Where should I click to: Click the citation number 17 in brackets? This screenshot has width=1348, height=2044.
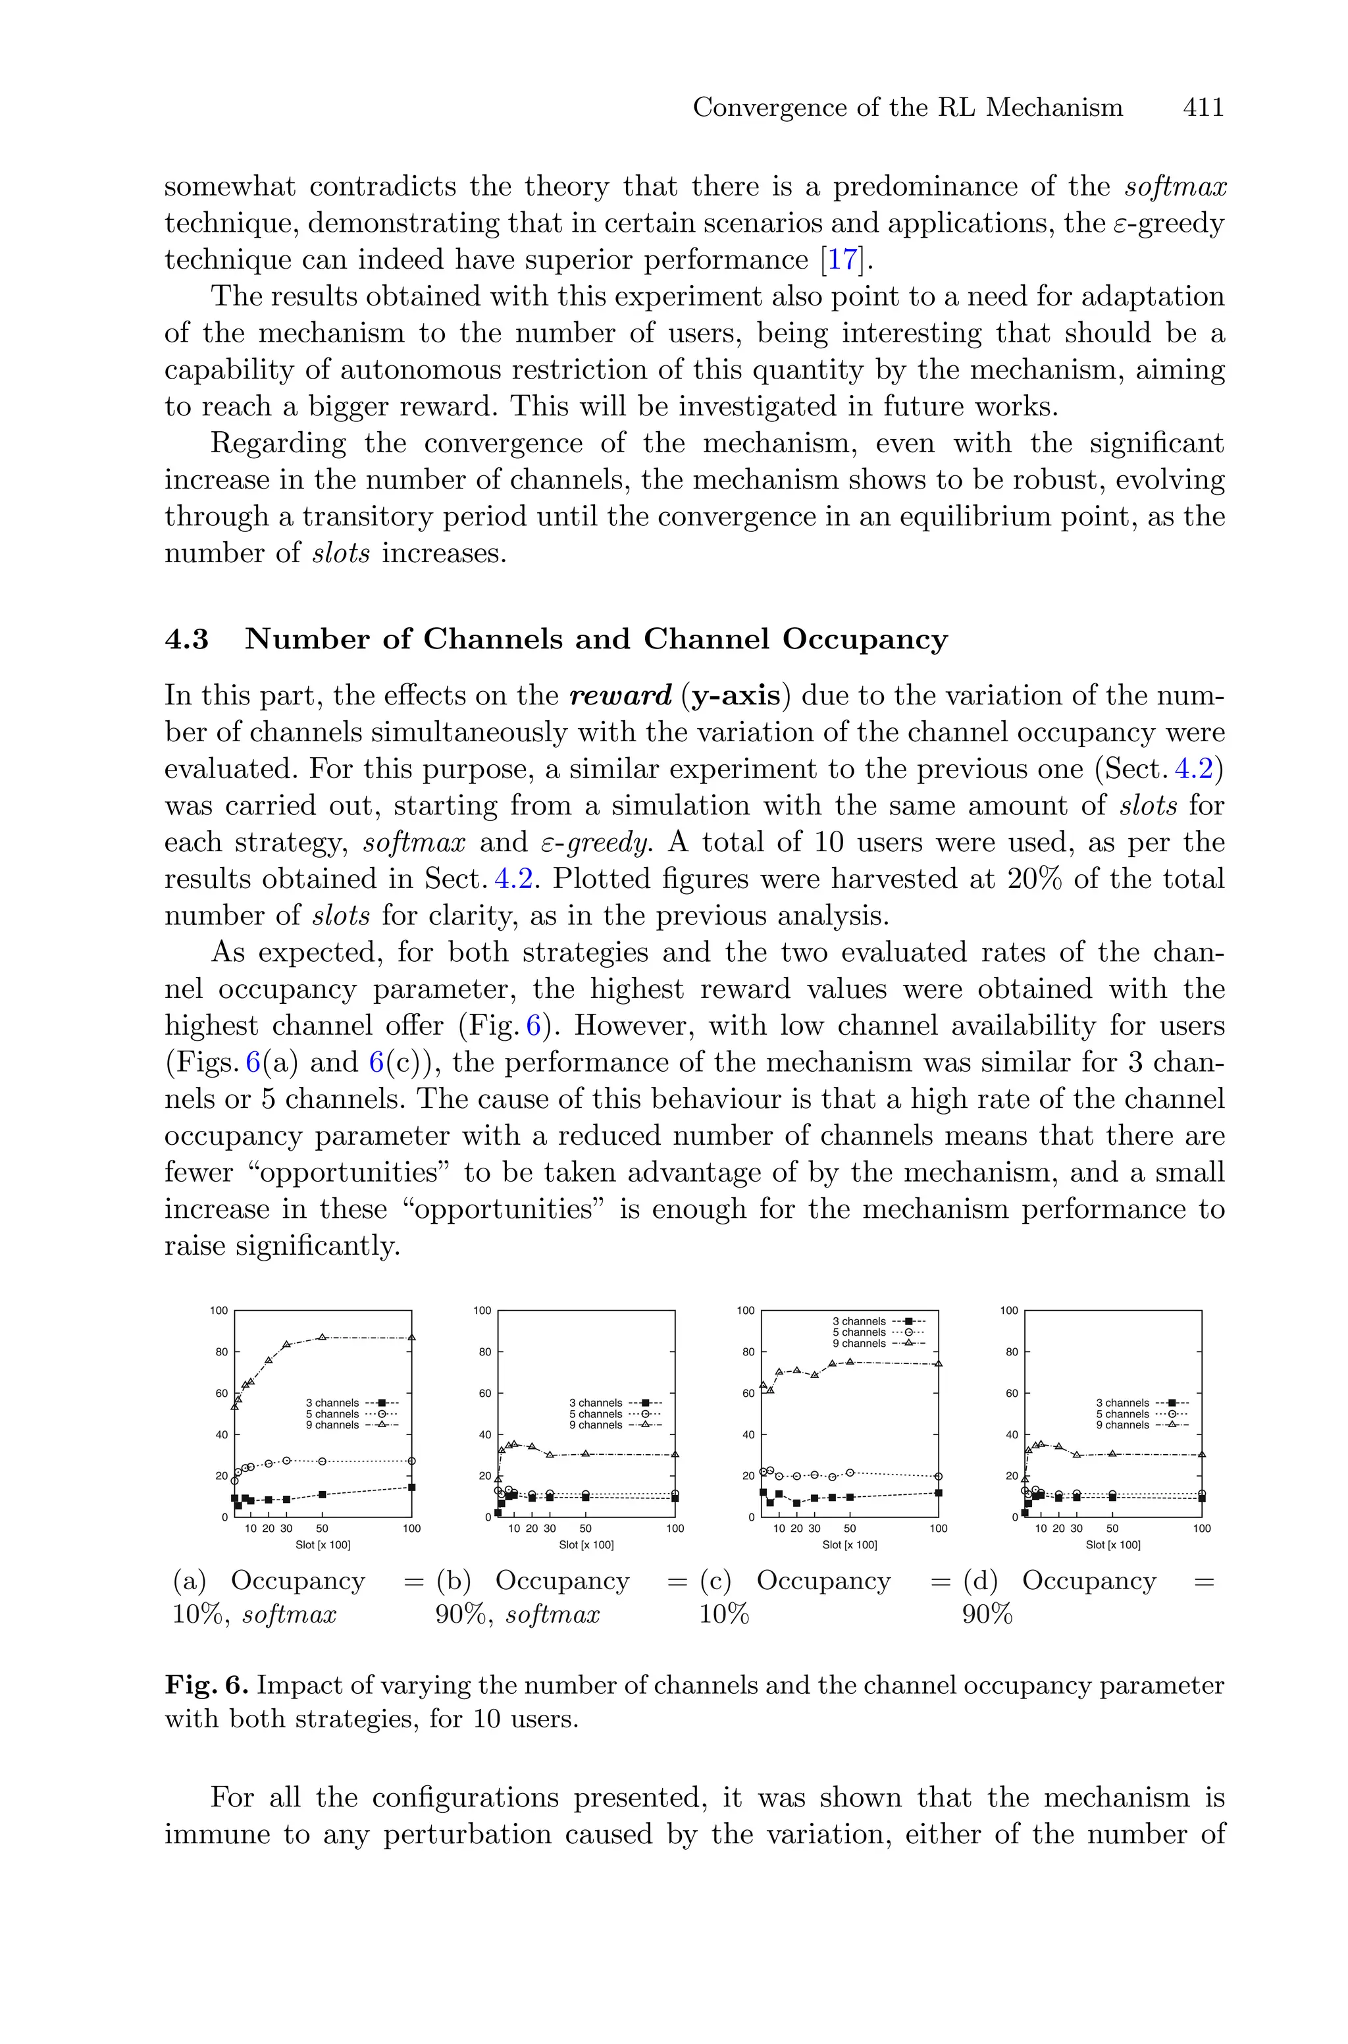point(842,259)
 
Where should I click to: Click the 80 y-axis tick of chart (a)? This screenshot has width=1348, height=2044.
point(221,1352)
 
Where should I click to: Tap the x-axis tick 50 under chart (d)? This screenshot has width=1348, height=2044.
point(1112,1529)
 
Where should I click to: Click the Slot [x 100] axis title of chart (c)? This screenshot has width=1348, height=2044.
point(849,1544)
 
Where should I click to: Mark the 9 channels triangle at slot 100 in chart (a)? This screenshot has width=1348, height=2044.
point(412,1338)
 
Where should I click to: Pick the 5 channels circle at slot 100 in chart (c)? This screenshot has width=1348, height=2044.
point(938,1476)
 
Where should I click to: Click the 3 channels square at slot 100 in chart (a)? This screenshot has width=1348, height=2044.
point(412,1487)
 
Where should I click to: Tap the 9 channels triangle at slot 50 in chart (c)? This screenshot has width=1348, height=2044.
point(849,1361)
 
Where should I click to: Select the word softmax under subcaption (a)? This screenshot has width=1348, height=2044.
point(290,1615)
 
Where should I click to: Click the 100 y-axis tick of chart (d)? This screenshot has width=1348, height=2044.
point(1008,1311)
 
